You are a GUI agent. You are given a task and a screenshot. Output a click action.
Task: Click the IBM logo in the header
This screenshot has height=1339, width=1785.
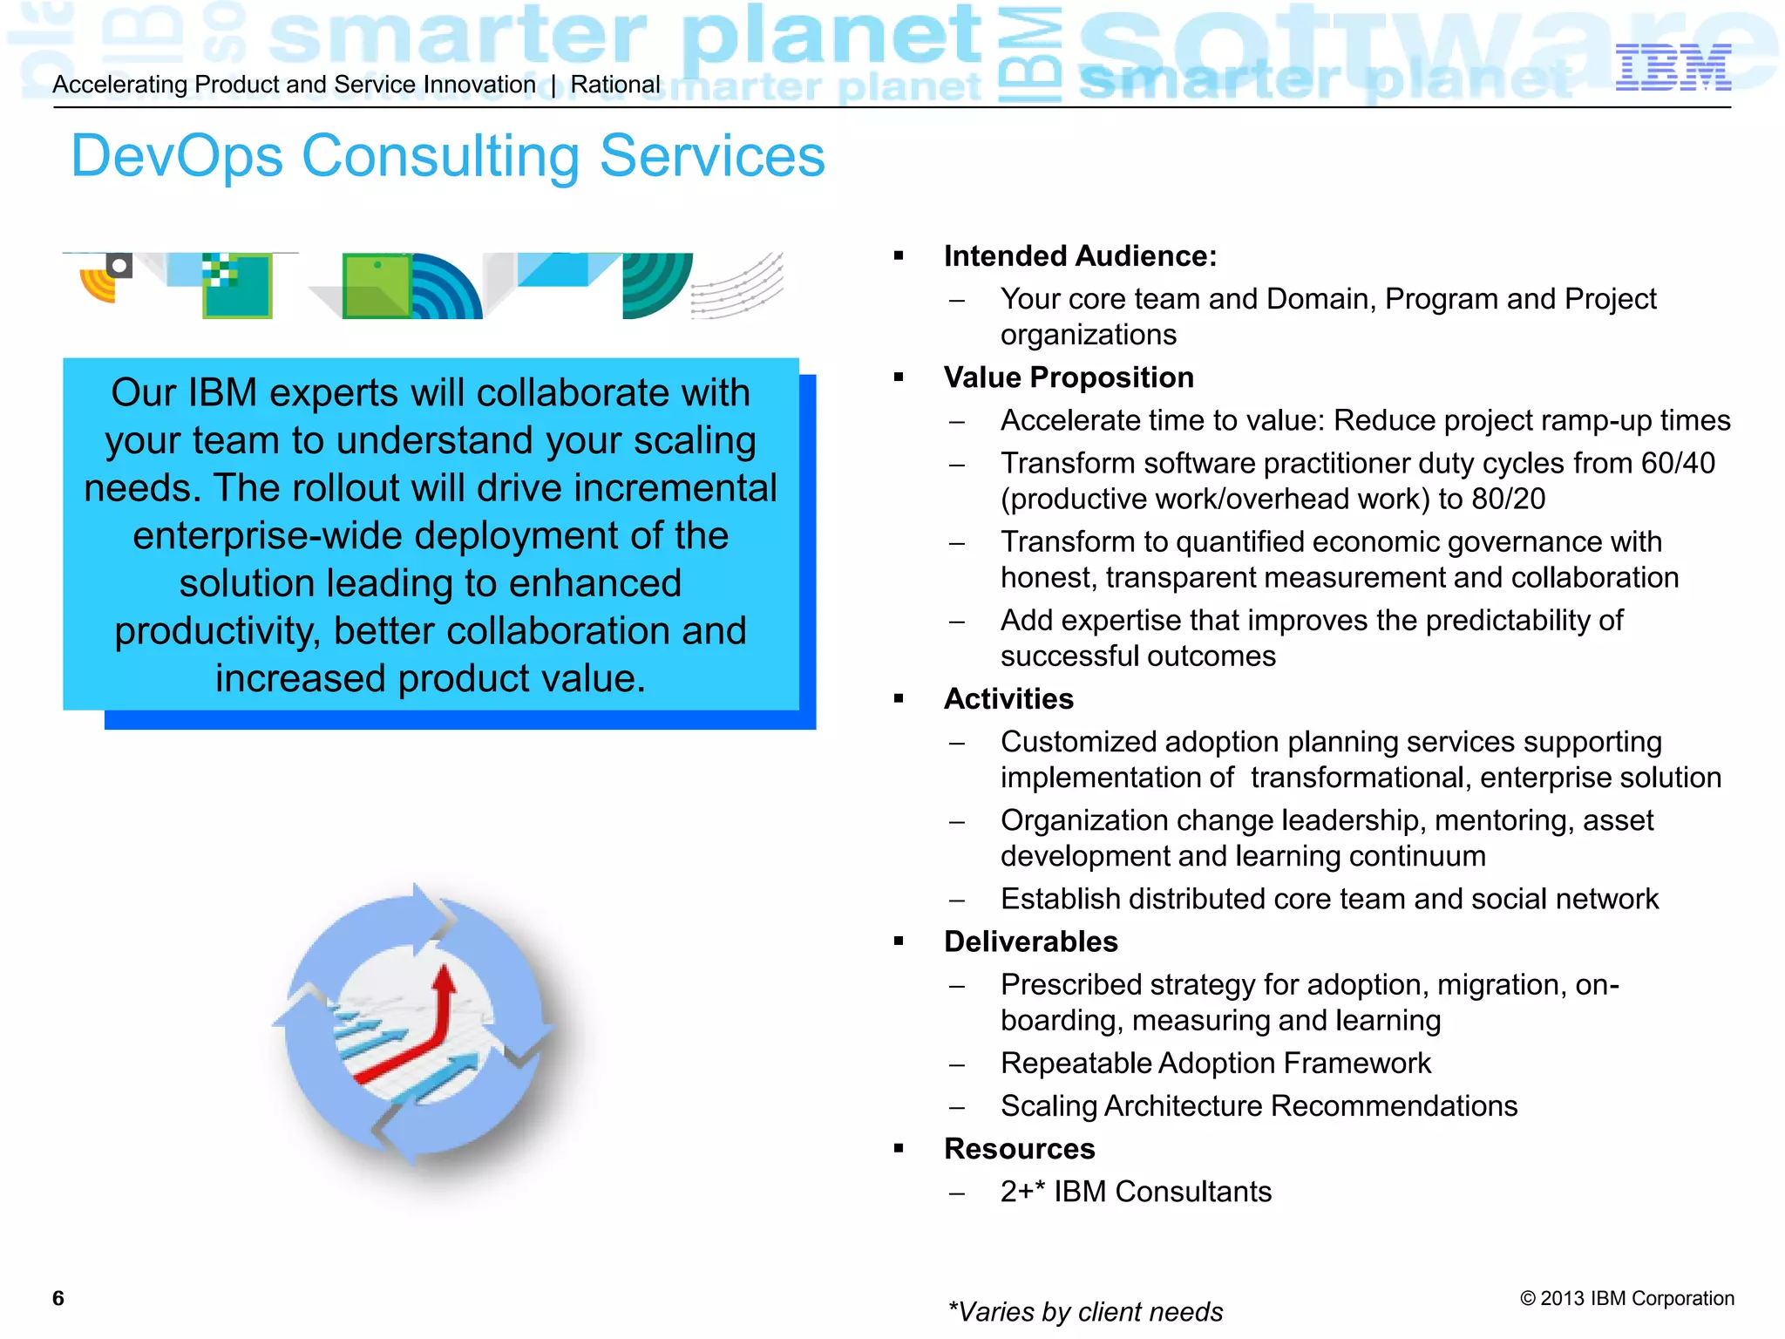[x=1673, y=67]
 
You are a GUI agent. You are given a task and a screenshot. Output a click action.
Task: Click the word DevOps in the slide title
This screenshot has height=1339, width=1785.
[x=177, y=157]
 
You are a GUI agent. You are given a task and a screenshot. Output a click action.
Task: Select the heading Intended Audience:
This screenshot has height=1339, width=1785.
[x=1079, y=256]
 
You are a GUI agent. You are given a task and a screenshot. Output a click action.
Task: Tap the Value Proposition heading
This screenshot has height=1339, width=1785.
[x=1069, y=377]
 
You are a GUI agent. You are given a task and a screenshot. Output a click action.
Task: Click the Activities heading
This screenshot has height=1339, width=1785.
[x=1008, y=699]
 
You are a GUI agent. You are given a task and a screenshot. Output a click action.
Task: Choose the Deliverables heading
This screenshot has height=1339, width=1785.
[x=1030, y=941]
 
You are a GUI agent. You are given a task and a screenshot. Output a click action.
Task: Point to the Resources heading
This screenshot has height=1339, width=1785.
[x=1019, y=1149]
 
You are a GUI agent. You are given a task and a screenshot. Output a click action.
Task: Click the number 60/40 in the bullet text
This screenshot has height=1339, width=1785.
[x=1678, y=463]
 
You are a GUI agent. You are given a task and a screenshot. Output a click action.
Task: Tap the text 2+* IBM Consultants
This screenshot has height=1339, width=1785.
[x=1136, y=1192]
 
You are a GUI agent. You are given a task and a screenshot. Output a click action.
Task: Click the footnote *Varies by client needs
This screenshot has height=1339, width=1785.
[x=1085, y=1311]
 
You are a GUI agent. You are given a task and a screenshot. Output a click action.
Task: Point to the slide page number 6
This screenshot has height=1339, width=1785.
[x=58, y=1298]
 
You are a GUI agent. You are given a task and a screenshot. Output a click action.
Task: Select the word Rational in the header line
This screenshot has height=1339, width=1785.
[x=615, y=85]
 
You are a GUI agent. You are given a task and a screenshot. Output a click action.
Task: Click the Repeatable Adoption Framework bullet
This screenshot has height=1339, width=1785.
[x=1215, y=1064]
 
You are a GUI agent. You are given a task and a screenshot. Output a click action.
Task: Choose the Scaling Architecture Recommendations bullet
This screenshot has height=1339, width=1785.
[x=1259, y=1106]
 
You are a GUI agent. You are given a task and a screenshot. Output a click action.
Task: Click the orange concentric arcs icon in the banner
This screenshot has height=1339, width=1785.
[x=98, y=286]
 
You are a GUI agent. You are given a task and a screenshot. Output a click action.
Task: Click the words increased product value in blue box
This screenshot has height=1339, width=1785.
[x=431, y=678]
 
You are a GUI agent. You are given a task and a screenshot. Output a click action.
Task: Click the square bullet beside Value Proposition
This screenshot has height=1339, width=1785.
[x=899, y=377]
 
